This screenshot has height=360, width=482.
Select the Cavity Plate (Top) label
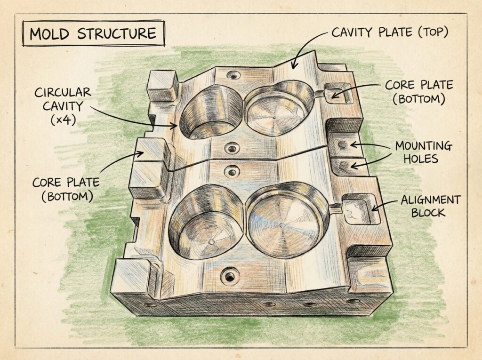(390, 32)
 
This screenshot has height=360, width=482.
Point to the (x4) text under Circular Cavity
(63, 120)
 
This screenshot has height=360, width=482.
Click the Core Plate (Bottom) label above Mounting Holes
(418, 92)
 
